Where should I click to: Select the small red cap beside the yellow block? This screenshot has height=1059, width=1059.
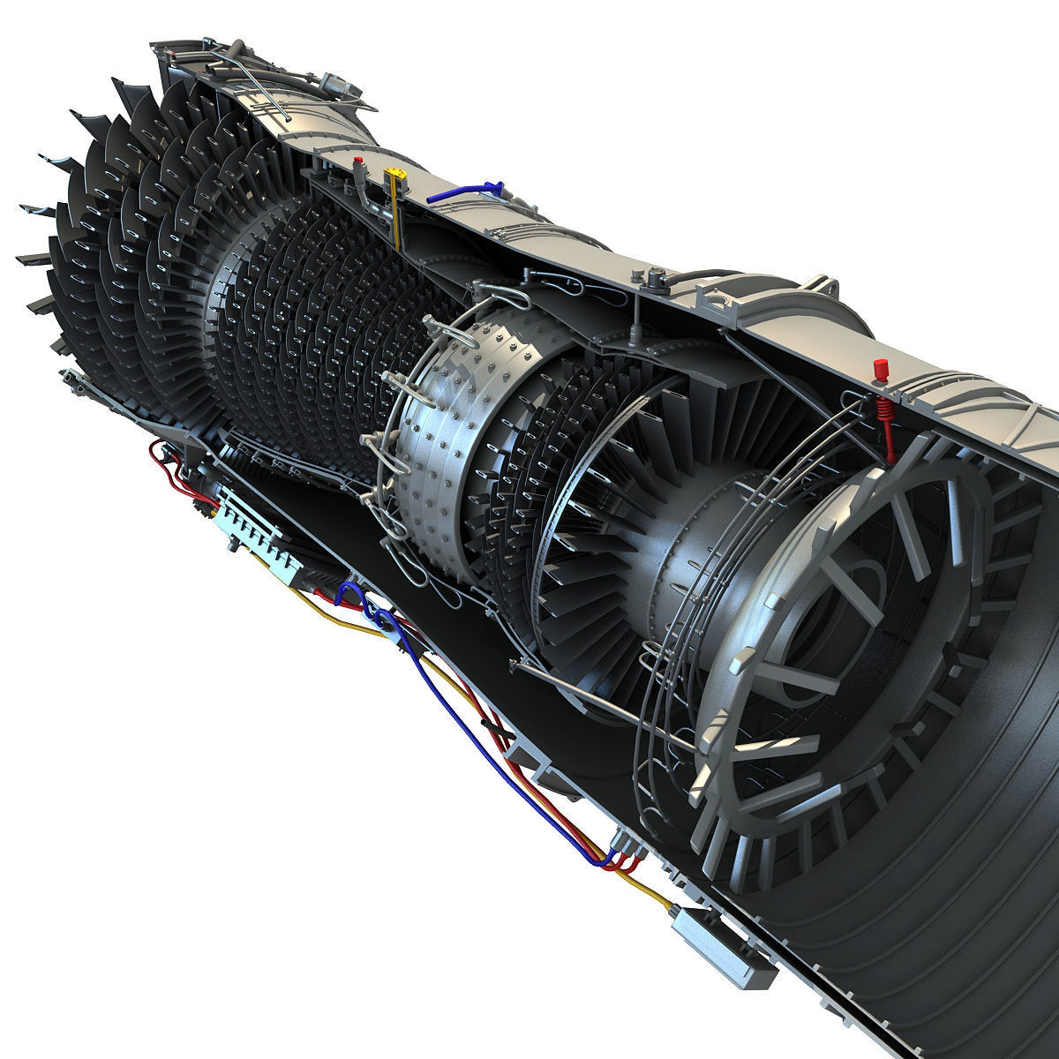coord(358,162)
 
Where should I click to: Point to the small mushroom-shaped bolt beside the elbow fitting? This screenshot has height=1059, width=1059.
coord(654,281)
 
